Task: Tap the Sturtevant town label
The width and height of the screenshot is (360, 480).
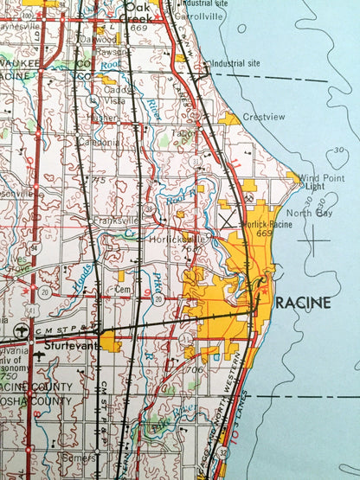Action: (59, 343)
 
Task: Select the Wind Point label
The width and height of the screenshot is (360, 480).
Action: (314, 177)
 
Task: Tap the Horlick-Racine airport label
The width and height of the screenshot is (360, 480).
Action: (264, 225)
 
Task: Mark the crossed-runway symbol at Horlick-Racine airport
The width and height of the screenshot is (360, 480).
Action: (231, 221)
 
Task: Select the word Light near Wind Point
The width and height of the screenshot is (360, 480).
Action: (315, 186)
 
